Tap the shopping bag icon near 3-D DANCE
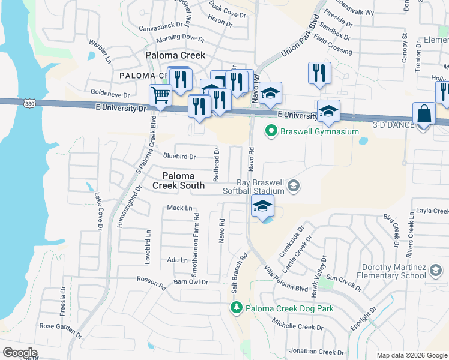pos(424,113)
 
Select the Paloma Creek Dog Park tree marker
pos(237,308)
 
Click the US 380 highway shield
pos(29,104)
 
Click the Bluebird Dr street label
pos(179,157)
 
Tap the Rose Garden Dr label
pos(60,329)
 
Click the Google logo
pos(20,353)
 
